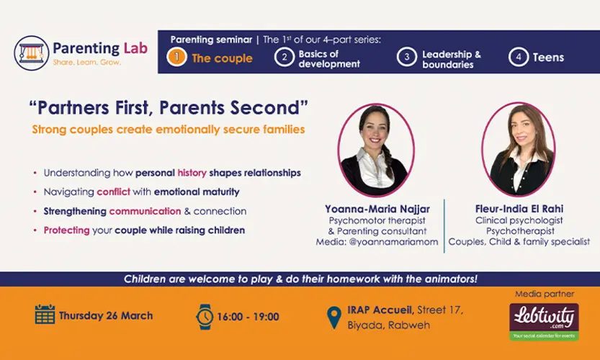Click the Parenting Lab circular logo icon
coord(32,53)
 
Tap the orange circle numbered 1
coord(176,57)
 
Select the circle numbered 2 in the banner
coord(285,57)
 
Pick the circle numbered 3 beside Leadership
coord(407,57)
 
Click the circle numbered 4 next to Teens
coord(519,57)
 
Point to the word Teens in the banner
coord(548,58)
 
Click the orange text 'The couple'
coord(223,58)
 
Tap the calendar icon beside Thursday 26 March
coord(45,315)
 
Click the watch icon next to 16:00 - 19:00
coord(205,317)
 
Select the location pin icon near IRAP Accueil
coord(334,318)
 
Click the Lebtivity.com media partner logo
coord(544,322)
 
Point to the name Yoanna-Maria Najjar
coord(377,209)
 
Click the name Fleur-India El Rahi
coord(519,209)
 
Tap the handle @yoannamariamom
coord(393,242)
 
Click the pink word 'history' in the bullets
coord(192,173)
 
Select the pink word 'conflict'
coord(114,192)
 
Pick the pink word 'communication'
coord(145,211)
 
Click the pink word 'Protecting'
coord(66,230)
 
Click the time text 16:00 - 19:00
coord(248,317)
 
